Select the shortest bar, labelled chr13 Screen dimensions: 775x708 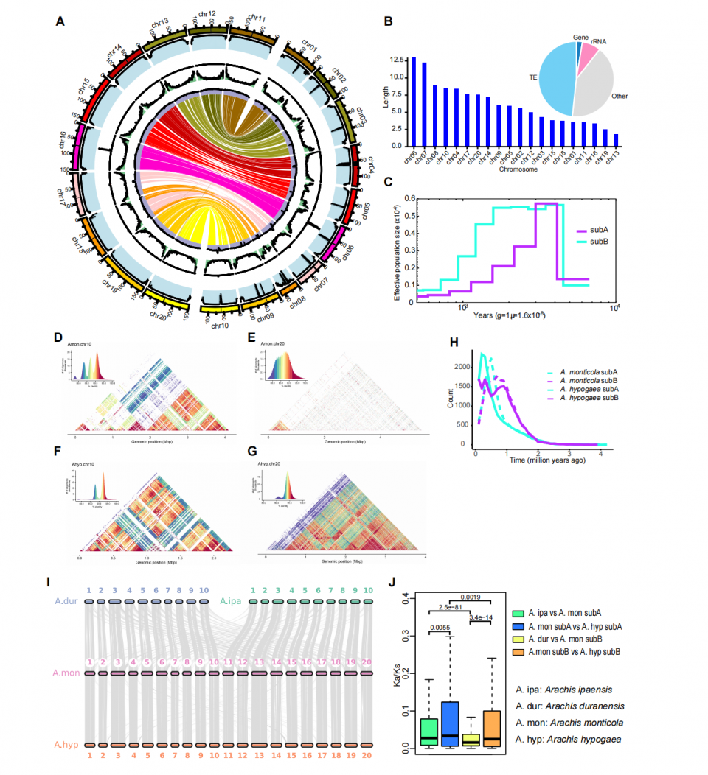615,140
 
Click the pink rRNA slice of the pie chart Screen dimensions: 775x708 588,57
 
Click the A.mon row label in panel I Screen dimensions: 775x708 64,673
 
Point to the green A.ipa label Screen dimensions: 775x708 232,601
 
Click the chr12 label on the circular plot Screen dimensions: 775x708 207,14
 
